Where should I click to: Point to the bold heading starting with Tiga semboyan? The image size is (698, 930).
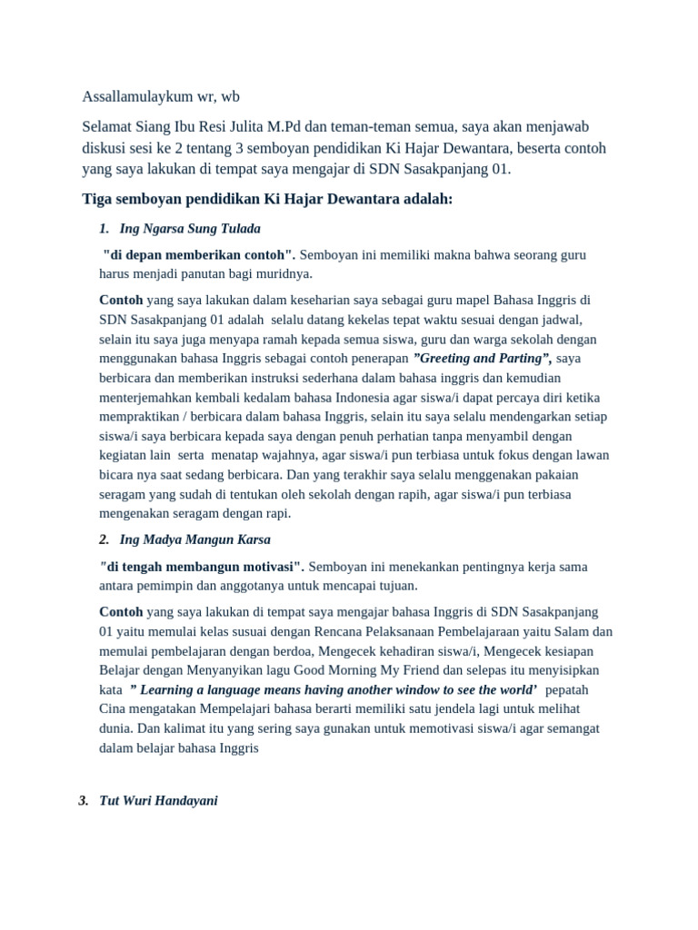coord(267,199)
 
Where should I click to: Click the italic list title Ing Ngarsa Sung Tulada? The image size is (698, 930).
coord(190,228)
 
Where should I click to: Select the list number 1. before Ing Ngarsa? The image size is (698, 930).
coord(104,228)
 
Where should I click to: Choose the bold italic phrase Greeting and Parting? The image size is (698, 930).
coord(482,358)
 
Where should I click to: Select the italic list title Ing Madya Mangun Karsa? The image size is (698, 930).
coord(194,539)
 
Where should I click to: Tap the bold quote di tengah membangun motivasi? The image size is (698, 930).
coord(204,567)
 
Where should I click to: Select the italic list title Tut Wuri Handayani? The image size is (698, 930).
coord(158,801)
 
